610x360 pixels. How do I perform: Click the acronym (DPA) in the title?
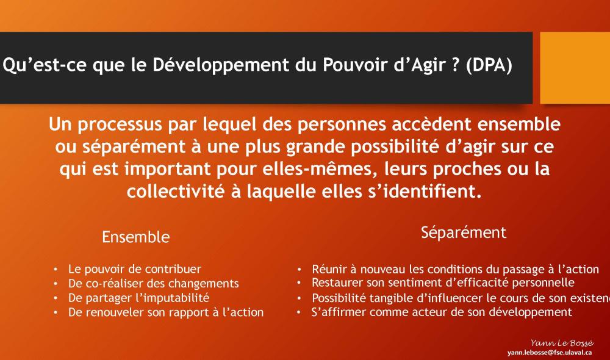point(489,65)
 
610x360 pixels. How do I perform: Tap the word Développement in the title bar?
point(221,65)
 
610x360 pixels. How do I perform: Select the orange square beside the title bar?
point(575,68)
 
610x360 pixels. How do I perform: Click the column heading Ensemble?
point(136,237)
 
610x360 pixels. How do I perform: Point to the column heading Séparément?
point(464,232)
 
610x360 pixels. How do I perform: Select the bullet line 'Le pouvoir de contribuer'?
point(135,269)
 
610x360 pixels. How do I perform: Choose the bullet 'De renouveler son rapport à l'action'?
point(166,312)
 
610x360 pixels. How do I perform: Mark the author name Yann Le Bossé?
point(562,343)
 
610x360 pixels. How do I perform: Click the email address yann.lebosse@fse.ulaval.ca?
point(550,353)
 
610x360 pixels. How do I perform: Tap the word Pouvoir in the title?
point(356,65)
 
